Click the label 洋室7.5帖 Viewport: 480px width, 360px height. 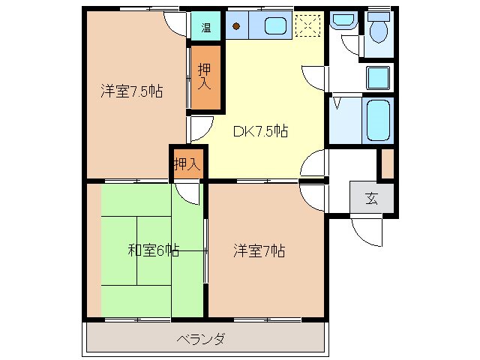click(x=133, y=92)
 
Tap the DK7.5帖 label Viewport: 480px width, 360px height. click(x=260, y=131)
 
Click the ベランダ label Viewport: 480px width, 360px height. click(x=200, y=339)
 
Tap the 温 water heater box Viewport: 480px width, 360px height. click(x=205, y=28)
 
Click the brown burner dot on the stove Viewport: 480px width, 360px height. click(x=236, y=27)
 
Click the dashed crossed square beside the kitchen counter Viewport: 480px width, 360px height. click(x=307, y=26)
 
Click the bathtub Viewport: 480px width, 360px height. click(x=376, y=121)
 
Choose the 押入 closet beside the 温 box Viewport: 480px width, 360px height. click(x=204, y=78)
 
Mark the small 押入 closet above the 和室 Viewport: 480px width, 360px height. click(x=187, y=163)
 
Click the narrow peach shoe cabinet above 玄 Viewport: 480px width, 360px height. click(x=387, y=164)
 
